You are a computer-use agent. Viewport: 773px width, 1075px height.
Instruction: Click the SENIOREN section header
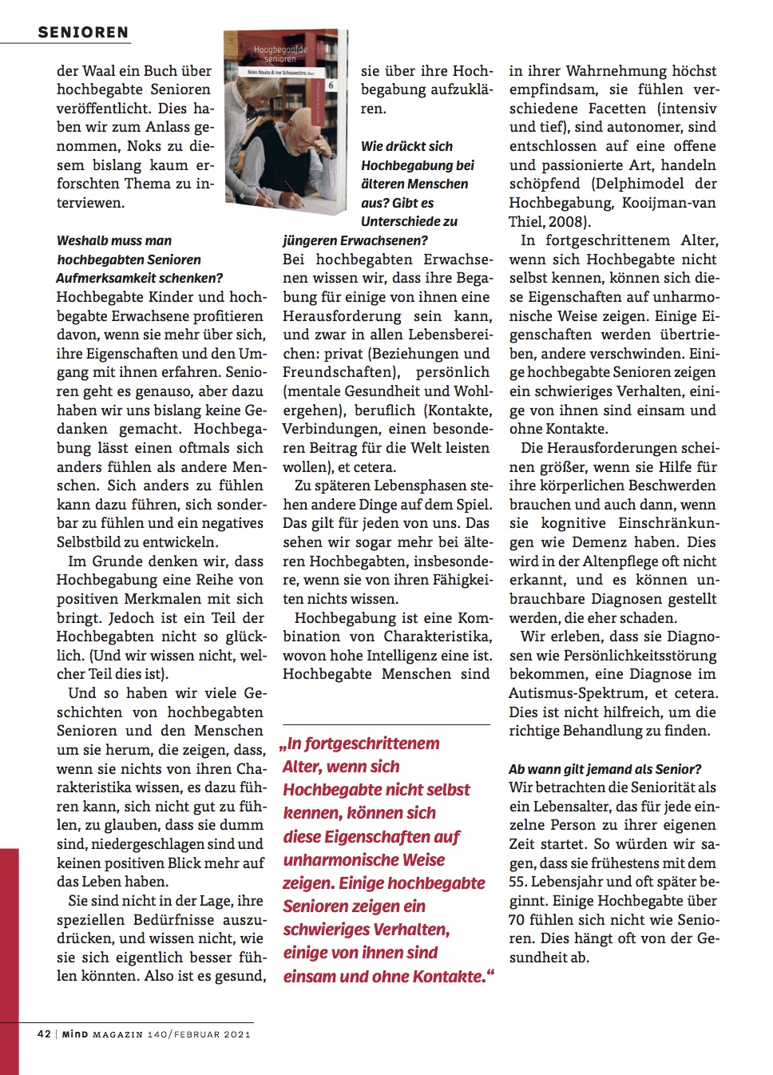(83, 33)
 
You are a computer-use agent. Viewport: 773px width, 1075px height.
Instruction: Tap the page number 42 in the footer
(44, 1033)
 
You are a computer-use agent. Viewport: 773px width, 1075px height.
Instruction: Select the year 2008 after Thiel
(568, 222)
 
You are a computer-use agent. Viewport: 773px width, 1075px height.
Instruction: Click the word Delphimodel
(641, 184)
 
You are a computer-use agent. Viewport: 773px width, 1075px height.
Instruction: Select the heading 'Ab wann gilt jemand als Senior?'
(605, 769)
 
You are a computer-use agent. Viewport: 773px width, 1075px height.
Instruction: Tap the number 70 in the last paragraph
(517, 920)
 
